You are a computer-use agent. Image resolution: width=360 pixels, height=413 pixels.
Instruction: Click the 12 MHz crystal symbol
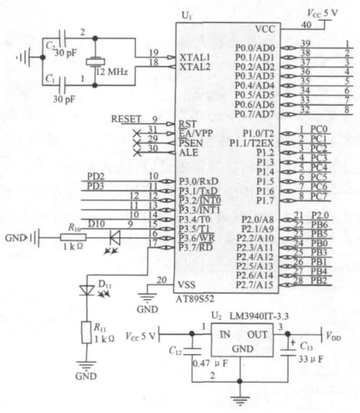pyautogui.click(x=95, y=62)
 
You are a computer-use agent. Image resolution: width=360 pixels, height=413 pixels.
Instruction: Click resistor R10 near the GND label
pyautogui.click(x=73, y=238)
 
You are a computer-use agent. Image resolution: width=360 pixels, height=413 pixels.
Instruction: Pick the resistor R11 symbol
pyautogui.click(x=86, y=333)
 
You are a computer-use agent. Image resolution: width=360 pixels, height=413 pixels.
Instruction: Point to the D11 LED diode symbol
pyautogui.click(x=87, y=290)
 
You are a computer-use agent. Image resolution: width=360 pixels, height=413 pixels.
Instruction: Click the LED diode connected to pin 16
pyautogui.click(x=115, y=238)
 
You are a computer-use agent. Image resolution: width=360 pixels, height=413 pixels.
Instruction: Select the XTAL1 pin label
pyautogui.click(x=195, y=57)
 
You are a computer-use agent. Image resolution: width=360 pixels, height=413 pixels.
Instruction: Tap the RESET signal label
pyautogui.click(x=126, y=119)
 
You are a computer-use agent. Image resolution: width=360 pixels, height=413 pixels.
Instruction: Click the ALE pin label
pyautogui.click(x=188, y=153)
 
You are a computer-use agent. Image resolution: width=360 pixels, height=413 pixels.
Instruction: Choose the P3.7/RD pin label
pyautogui.click(x=196, y=247)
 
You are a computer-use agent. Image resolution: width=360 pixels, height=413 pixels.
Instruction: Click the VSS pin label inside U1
pyautogui.click(x=187, y=285)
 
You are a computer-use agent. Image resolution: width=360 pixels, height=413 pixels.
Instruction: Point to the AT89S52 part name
pyautogui.click(x=195, y=299)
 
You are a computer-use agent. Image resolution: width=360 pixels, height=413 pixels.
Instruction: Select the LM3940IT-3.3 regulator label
pyautogui.click(x=259, y=316)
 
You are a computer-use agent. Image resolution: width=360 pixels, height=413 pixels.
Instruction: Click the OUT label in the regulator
pyautogui.click(x=257, y=334)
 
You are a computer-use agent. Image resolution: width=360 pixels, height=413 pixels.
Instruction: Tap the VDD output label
pyautogui.click(x=333, y=336)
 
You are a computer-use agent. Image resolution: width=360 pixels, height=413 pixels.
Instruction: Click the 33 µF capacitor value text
pyautogui.click(x=311, y=359)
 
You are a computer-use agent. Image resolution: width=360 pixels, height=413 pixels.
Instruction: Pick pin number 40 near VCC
pyautogui.click(x=306, y=25)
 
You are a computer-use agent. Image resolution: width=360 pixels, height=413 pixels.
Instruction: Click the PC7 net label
pyautogui.click(x=319, y=196)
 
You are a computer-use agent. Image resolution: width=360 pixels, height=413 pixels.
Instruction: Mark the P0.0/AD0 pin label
pyautogui.click(x=255, y=48)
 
